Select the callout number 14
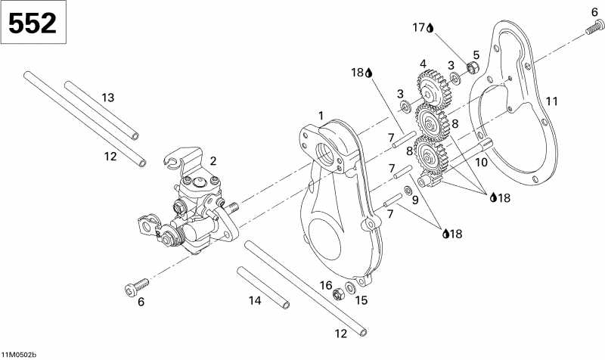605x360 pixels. pyautogui.click(x=256, y=300)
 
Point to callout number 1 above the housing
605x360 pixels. pyautogui.click(x=321, y=115)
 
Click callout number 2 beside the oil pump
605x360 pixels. pyautogui.click(x=213, y=161)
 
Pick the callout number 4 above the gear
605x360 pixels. pyautogui.click(x=423, y=64)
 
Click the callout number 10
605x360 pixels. pyautogui.click(x=481, y=162)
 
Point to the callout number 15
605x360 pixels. pyautogui.click(x=361, y=300)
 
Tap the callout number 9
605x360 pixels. pyautogui.click(x=414, y=200)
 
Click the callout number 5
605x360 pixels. pyautogui.click(x=476, y=54)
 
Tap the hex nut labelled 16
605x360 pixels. pyautogui.click(x=339, y=293)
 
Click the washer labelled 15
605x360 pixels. pyautogui.click(x=352, y=288)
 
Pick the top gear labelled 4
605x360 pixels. pyautogui.click(x=433, y=86)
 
